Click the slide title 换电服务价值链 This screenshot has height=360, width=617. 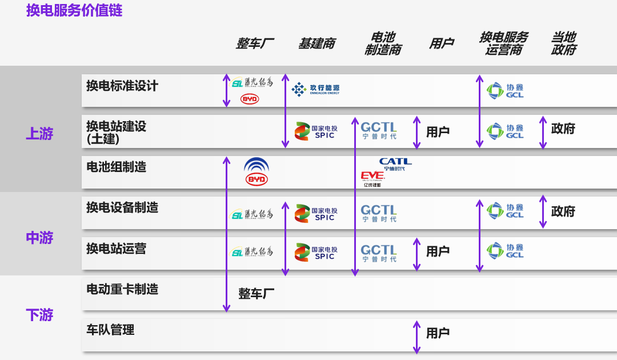pyautogui.click(x=74, y=11)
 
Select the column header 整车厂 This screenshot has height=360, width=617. pyautogui.click(x=255, y=44)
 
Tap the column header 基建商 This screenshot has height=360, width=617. pyautogui.click(x=316, y=44)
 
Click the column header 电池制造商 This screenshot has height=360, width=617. pyautogui.click(x=383, y=44)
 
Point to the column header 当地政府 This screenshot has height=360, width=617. pyautogui.click(x=563, y=44)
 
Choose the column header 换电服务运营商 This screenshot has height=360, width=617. pyautogui.click(x=503, y=44)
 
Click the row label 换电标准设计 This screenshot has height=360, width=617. pyautogui.click(x=122, y=86)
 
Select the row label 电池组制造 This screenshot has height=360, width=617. pyautogui.click(x=116, y=167)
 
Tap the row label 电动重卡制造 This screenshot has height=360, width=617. pyautogui.click(x=122, y=289)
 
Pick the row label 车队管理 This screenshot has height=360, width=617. pyautogui.click(x=110, y=330)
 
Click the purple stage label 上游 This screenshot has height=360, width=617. pyautogui.click(x=39, y=134)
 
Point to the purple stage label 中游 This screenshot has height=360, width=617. pyautogui.click(x=39, y=237)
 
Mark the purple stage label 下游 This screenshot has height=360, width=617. pyautogui.click(x=39, y=314)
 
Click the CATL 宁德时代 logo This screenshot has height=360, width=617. pyautogui.click(x=395, y=165)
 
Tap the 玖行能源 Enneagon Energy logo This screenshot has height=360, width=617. pyautogui.click(x=315, y=89)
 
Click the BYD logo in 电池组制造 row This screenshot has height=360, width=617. pyautogui.click(x=257, y=172)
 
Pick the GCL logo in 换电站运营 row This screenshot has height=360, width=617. pyautogui.click(x=505, y=251)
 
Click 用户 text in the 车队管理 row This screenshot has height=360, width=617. pyautogui.click(x=438, y=333)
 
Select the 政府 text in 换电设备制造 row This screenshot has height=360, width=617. pyautogui.click(x=563, y=211)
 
